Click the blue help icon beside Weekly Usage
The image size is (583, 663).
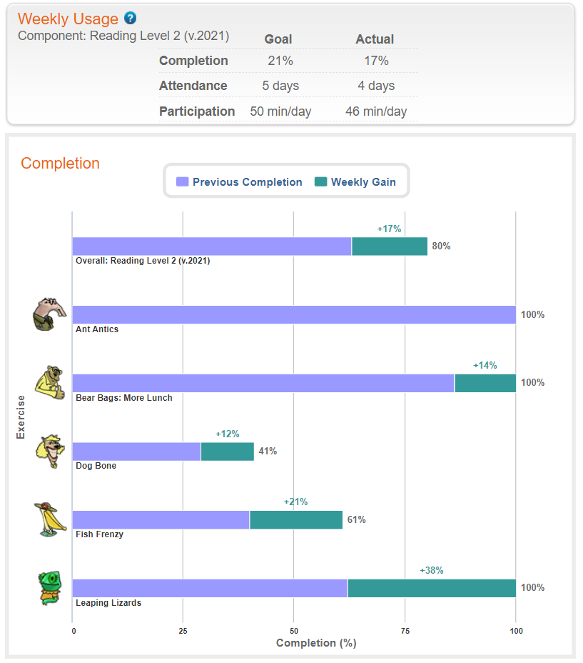[130, 19]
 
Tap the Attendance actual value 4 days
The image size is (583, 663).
[375, 86]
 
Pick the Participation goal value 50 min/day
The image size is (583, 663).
[280, 111]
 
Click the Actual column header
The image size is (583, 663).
[375, 39]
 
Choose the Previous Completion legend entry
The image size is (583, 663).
[239, 182]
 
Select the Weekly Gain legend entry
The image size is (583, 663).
[355, 182]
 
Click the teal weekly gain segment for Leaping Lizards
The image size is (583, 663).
[431, 588]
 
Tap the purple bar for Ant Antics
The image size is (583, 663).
[293, 315]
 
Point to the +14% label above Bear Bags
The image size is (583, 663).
[485, 365]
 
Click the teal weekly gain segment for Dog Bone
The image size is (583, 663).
[227, 452]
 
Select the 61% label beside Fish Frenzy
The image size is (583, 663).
[356, 519]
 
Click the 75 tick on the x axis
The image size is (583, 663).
[405, 631]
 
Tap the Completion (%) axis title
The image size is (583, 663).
[315, 643]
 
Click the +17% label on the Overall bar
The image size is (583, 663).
[389, 229]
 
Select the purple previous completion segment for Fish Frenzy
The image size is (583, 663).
[161, 520]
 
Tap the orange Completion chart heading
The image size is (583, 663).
[60, 163]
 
